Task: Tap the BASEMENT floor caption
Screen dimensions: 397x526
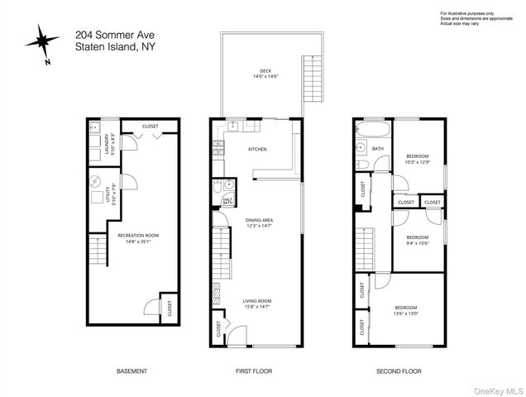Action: click(131, 371)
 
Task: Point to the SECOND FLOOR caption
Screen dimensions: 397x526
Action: click(399, 371)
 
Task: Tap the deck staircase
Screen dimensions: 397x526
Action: click(313, 78)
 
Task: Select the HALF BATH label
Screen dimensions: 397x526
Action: click(227, 199)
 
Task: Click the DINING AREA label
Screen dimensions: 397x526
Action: click(259, 219)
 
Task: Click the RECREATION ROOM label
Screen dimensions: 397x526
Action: click(137, 235)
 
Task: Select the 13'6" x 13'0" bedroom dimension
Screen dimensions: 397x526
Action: click(405, 313)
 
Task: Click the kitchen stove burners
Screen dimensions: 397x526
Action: click(219, 151)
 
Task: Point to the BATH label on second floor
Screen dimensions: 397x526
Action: click(378, 149)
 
